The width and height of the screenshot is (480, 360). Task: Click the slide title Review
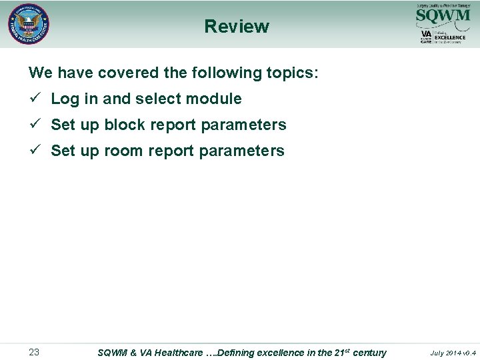[x=237, y=27]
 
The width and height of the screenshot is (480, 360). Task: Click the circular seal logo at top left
[x=29, y=25]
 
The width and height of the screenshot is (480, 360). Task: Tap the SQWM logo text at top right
[x=442, y=15]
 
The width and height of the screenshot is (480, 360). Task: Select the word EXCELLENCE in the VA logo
[x=450, y=37]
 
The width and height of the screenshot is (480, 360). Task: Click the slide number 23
[x=34, y=352]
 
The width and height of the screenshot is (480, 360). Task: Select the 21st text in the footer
[x=337, y=352]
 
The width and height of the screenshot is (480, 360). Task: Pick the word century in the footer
[x=369, y=353]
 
